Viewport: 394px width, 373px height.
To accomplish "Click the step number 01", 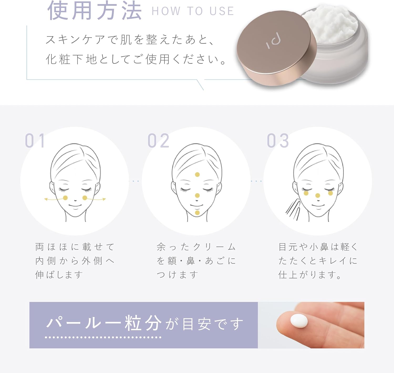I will (x=35, y=141).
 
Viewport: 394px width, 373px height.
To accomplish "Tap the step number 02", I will (x=158, y=141).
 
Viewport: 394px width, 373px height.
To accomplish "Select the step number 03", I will (x=278, y=141).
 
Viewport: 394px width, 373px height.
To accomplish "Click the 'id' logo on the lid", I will (x=274, y=42).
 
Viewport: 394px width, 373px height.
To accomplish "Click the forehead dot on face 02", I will (x=197, y=175).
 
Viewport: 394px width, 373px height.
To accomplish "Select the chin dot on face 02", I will (x=197, y=213).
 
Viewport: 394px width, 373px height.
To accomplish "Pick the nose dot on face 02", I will (x=197, y=195).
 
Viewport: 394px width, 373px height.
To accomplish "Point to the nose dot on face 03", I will (x=318, y=196).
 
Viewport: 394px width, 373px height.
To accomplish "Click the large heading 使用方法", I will (x=95, y=11).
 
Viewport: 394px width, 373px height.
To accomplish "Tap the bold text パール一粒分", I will (x=104, y=323).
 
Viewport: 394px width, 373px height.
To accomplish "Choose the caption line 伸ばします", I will (x=59, y=275).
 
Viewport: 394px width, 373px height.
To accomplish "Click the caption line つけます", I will (x=177, y=275).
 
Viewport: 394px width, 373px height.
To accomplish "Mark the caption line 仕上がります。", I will (x=310, y=275).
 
